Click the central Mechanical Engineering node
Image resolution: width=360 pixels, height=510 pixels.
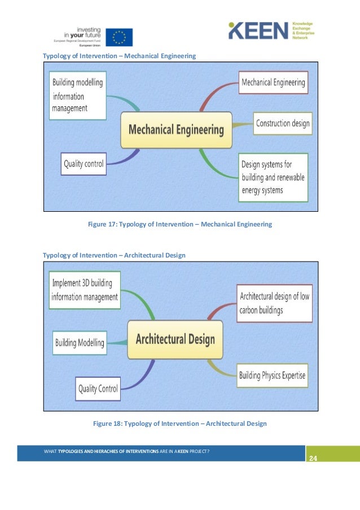[176, 130]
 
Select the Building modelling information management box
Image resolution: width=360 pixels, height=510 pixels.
[78, 95]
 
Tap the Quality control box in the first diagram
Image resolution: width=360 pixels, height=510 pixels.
[84, 164]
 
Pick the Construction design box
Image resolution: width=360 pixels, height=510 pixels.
[282, 124]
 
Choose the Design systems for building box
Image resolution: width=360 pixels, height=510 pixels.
[273, 177]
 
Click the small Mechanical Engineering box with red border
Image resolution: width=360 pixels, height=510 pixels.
[273, 82]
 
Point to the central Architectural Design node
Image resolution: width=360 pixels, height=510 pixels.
[175, 339]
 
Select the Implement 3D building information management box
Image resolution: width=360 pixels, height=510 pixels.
[85, 290]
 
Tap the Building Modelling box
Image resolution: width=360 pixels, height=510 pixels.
[80, 342]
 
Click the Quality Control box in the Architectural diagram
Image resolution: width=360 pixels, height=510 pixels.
[98, 388]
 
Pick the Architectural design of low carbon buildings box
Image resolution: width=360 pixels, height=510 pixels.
[274, 303]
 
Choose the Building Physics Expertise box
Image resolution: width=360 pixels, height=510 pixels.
[273, 374]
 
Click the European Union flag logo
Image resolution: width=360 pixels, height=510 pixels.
[119, 37]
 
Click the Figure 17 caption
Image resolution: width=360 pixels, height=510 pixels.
[179, 224]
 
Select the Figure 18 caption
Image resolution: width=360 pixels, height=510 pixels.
[179, 424]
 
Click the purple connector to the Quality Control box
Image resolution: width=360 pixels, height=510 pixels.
[142, 376]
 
